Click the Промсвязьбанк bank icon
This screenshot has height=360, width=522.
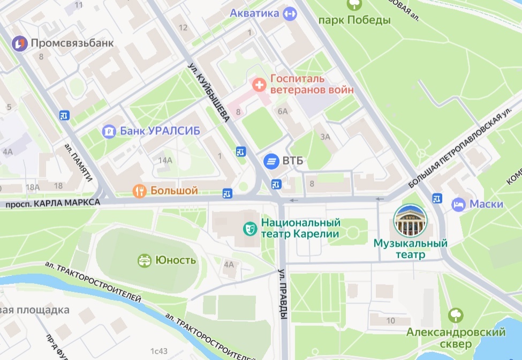tap(20, 43)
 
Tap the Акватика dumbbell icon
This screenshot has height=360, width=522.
tap(290, 14)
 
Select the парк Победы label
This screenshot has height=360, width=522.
tap(354, 20)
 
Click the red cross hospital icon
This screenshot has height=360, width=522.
tap(259, 84)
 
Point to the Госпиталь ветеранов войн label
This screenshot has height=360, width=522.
tap(312, 84)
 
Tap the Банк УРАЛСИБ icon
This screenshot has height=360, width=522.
tap(109, 131)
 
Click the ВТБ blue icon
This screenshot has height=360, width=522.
tap(271, 160)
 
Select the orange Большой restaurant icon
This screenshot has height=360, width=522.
tap(140, 191)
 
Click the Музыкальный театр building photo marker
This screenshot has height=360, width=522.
tap(410, 221)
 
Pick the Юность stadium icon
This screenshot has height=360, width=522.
tap(145, 260)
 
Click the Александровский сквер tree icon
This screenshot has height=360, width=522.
tap(456, 314)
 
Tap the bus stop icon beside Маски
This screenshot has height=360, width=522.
tap(437, 199)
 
